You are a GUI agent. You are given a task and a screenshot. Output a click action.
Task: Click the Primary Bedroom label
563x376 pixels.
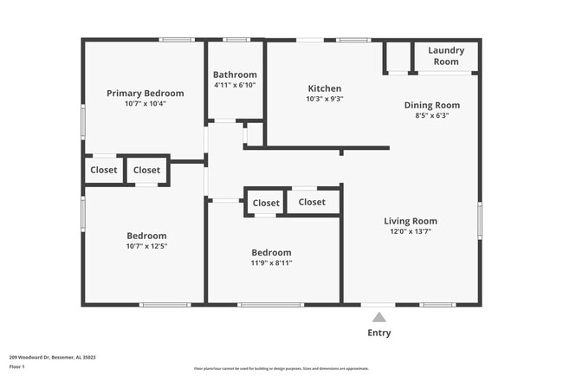pos(145,93)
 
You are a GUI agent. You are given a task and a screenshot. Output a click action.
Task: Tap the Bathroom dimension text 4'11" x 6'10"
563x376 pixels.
pos(235,85)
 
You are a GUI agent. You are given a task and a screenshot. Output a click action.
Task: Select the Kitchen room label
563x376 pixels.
pos(325,88)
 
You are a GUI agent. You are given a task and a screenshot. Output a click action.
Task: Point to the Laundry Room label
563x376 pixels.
pos(446,55)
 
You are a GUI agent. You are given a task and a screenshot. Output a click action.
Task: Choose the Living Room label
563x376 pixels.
pos(411,221)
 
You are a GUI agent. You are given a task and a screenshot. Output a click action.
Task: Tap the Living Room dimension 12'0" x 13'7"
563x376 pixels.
pos(411,231)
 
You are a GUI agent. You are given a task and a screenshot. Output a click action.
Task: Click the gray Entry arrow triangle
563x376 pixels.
pos(379,317)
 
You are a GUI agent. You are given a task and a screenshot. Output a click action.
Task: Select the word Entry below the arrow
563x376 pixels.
pos(379,333)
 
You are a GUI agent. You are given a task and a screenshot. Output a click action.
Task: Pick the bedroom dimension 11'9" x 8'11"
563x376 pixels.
pos(271,263)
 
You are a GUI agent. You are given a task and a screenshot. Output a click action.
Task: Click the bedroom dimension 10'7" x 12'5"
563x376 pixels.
pos(146,246)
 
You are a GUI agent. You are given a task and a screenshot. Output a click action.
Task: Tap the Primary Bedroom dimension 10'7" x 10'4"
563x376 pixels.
pos(145,103)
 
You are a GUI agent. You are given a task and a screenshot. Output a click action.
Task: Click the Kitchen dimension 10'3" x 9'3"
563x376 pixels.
pos(325,99)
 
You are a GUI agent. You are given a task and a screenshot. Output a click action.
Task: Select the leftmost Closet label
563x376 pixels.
pos(104,171)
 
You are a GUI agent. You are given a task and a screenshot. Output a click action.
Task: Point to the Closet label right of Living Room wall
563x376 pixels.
pos(312,202)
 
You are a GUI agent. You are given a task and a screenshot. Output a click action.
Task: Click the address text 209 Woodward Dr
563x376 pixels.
pos(52,357)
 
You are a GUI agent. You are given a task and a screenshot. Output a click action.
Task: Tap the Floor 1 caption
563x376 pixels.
pos(18,367)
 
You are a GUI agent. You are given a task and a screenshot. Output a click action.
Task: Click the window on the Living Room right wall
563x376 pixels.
pos(480,220)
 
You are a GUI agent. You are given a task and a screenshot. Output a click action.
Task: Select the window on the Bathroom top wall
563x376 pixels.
pos(236,40)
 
